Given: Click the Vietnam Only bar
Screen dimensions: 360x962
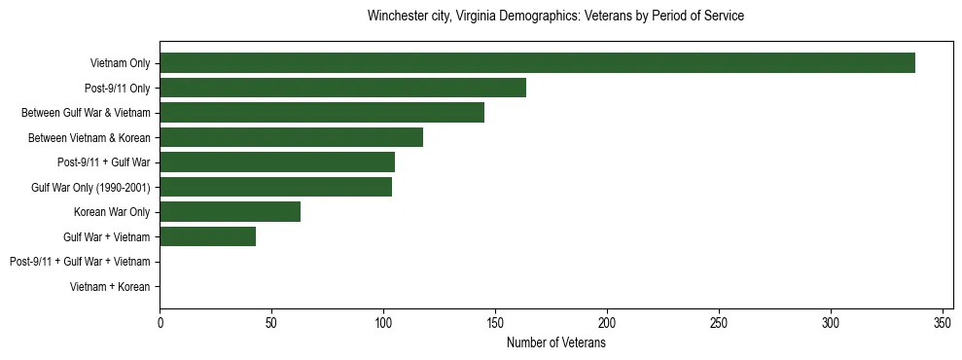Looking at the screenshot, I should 537,63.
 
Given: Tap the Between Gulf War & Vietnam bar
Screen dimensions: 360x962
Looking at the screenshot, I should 322,113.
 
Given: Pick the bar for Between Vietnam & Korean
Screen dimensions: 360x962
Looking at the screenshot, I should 291,137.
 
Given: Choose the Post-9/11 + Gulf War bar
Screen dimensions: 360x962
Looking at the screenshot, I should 277,162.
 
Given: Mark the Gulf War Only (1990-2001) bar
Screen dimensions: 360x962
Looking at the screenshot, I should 276,187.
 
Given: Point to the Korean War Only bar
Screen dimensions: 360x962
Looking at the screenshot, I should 230,211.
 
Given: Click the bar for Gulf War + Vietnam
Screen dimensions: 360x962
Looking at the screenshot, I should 207,236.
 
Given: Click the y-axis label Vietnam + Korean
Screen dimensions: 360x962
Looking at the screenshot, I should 110,287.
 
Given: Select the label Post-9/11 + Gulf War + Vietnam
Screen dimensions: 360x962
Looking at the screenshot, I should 80,262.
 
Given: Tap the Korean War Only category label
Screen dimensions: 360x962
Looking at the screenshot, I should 112,212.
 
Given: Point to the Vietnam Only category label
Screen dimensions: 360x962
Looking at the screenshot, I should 120,63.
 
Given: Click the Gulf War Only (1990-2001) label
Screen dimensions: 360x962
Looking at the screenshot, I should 90,187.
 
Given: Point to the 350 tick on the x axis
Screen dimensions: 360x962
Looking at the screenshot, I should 943,322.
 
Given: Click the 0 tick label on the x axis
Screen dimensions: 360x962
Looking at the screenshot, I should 160,322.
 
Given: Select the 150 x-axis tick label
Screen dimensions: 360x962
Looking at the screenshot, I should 495,322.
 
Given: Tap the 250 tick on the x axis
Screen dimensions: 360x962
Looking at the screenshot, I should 719,322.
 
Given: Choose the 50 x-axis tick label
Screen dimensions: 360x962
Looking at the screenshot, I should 271,322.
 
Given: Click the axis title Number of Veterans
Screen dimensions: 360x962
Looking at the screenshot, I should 555,342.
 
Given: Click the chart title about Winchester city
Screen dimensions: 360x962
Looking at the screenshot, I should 555,17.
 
